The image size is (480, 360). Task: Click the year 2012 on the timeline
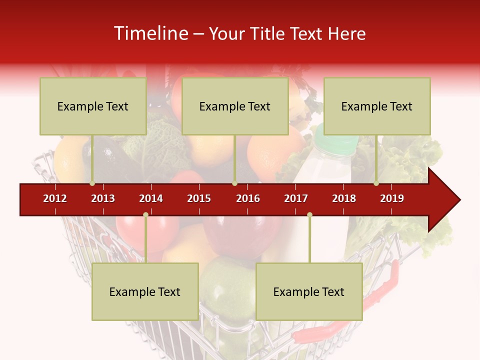coord(55,198)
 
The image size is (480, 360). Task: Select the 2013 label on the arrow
coord(103,198)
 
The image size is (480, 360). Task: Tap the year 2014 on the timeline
coord(151,198)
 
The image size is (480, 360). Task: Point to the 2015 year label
coord(199,198)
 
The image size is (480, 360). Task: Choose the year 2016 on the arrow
coord(248,198)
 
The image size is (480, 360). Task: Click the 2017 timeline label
coord(296,198)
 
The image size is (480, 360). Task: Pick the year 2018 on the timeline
coord(344,198)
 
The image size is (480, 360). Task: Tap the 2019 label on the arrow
coord(392,198)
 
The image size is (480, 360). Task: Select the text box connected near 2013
coord(93,106)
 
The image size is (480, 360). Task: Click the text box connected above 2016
coord(235,106)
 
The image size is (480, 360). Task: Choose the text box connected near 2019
coord(377,106)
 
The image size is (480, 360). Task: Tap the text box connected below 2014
coord(145,291)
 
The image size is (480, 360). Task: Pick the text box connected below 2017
coord(309,291)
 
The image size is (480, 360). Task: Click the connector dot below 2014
coord(145,214)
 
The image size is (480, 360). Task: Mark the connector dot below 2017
coord(309,214)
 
